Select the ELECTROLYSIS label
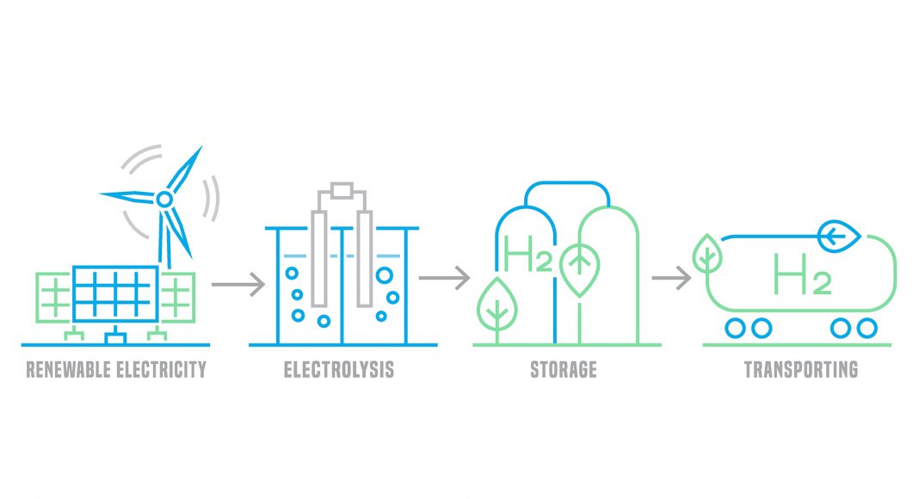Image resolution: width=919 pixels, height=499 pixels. (339, 371)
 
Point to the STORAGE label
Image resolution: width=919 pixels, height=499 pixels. (563, 371)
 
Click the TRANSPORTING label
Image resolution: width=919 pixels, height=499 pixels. (800, 371)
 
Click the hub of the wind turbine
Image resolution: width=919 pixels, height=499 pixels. (164, 199)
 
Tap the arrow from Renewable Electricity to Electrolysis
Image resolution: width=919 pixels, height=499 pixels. (238, 282)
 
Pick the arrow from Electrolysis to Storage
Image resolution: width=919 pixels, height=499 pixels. (444, 277)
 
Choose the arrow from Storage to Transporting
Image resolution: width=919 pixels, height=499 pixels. (672, 277)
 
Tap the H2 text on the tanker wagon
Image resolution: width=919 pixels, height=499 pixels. (801, 274)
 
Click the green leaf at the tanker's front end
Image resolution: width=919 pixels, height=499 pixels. (706, 253)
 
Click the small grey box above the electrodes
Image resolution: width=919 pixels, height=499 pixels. (342, 190)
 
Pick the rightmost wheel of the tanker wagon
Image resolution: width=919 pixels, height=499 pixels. (867, 328)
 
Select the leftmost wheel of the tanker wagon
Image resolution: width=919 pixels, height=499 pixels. (734, 328)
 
